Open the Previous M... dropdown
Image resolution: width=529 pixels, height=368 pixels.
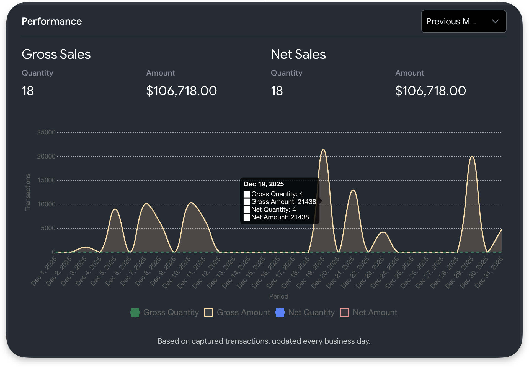click(x=463, y=21)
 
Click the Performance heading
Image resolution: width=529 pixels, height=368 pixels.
click(x=52, y=21)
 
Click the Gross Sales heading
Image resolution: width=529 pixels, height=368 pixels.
click(x=56, y=54)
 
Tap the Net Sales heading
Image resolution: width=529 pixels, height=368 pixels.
click(x=298, y=54)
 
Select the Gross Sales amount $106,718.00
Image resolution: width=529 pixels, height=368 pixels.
click(x=181, y=91)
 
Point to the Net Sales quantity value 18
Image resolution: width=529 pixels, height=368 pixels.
click(x=277, y=91)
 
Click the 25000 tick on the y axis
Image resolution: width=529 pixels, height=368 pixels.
click(x=46, y=132)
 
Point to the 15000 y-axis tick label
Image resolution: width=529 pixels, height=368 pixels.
click(x=46, y=180)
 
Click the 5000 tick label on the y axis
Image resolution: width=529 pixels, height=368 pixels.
click(x=48, y=228)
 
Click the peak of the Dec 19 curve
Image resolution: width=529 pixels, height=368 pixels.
click(x=323, y=150)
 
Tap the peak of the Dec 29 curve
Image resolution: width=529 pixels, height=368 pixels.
click(x=472, y=157)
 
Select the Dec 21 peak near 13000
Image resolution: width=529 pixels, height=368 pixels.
click(x=353, y=190)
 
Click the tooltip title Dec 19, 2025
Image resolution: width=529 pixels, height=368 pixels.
click(x=264, y=184)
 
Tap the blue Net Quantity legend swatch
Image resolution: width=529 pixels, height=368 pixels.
click(x=280, y=312)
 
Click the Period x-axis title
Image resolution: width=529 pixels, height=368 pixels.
click(x=278, y=296)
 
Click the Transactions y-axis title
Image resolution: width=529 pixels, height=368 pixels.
click(x=28, y=192)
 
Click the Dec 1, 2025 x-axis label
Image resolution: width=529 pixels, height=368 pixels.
click(x=44, y=271)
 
